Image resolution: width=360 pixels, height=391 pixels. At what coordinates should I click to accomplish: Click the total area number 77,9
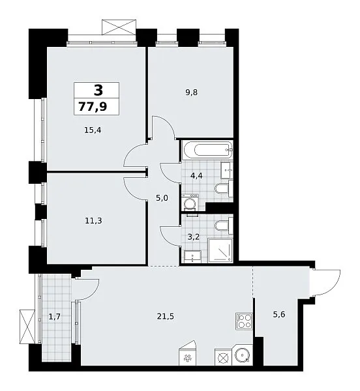pos(93,107)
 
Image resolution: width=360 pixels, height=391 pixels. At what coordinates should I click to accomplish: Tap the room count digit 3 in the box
pos(98,90)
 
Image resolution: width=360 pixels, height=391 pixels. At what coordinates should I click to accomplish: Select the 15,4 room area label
pos(93,130)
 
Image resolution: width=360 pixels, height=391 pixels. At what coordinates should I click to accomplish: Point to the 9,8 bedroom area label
pos(191,93)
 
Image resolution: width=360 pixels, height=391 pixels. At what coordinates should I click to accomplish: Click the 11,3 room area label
pos(93,221)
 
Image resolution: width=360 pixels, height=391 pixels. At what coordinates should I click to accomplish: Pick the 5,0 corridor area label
pos(162,198)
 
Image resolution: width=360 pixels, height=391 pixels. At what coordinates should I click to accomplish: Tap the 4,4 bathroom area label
pos(196,176)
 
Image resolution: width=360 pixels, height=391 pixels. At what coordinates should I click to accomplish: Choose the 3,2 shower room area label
pos(193,237)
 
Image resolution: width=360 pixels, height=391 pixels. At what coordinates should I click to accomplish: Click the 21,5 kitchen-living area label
pos(166,317)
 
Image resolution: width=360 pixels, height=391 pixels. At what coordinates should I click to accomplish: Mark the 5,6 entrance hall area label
pos(279,315)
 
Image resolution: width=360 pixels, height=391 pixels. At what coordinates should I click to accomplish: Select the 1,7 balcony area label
pos(54,317)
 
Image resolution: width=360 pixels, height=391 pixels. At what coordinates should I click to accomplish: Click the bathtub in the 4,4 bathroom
pos(207,150)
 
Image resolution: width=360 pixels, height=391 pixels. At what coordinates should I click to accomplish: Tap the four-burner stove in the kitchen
pos(244,321)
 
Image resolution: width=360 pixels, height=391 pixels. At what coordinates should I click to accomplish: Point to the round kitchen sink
pos(242,355)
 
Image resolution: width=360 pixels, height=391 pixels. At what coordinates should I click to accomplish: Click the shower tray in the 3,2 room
pos(220,250)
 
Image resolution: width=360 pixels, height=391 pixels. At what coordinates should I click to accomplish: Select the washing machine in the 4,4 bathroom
pos(190,203)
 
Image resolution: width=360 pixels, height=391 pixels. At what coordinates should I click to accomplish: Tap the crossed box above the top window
pos(119,27)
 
